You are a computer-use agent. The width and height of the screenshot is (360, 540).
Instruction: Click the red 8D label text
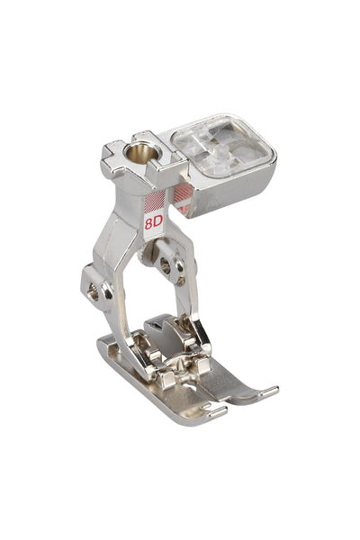153,223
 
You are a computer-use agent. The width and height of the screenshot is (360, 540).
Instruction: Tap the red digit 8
148,224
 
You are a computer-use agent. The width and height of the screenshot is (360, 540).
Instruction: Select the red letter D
157,222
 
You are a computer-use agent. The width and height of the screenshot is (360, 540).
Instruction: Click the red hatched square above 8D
154,202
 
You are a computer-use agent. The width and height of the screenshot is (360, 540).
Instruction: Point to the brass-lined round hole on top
142,153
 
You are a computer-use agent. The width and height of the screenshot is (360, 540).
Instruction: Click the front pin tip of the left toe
218,412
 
